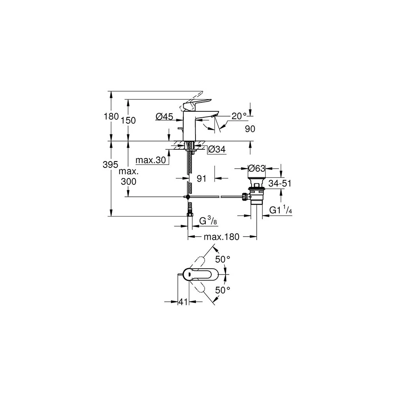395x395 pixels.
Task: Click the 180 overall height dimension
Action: (x=111, y=117)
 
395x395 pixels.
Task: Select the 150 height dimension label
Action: (x=128, y=120)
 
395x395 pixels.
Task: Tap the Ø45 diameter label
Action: (x=164, y=117)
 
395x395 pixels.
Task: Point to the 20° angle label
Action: (x=239, y=116)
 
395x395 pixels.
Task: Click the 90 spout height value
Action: (x=250, y=129)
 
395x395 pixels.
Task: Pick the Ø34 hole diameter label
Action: (x=216, y=149)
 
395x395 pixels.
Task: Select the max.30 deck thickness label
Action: (x=150, y=160)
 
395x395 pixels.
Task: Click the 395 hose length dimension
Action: (x=110, y=164)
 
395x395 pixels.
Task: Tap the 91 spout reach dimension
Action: (x=201, y=179)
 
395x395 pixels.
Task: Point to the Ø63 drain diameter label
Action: (x=257, y=168)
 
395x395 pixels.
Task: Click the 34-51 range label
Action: (x=280, y=183)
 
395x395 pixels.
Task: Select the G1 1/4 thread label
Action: (x=280, y=210)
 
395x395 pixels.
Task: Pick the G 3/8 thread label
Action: (x=208, y=221)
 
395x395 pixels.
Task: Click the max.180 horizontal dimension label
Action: (x=222, y=237)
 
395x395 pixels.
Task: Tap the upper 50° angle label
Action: (x=223, y=259)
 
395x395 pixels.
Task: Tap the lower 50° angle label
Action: (x=223, y=290)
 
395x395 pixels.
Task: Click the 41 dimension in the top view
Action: (x=183, y=302)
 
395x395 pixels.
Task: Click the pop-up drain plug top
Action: (x=256, y=182)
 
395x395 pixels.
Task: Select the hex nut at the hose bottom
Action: (x=190, y=214)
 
